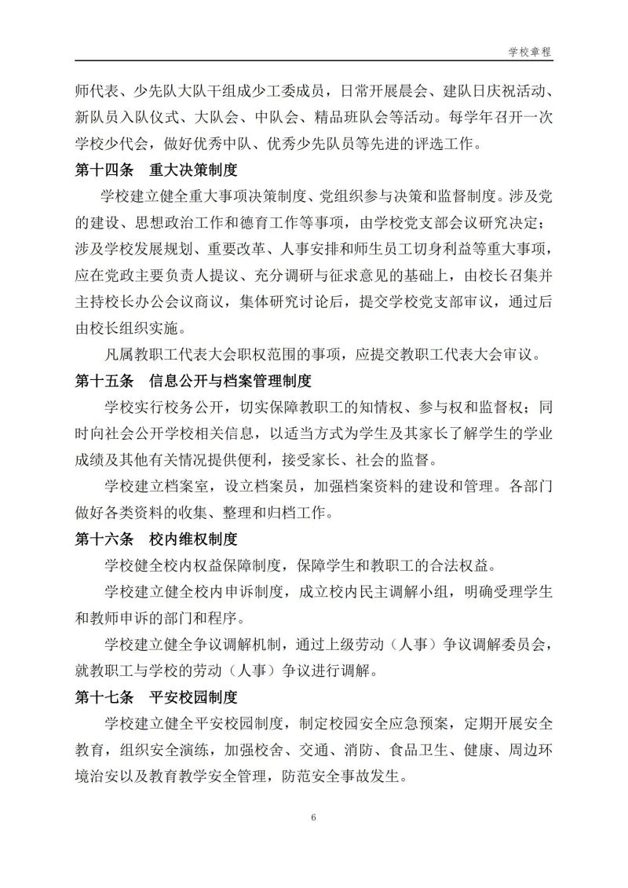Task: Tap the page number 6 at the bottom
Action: coord(313,818)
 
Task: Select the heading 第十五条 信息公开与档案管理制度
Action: coord(193,381)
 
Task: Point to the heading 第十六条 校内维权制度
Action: coord(156,539)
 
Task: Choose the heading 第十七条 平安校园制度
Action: coord(156,697)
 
